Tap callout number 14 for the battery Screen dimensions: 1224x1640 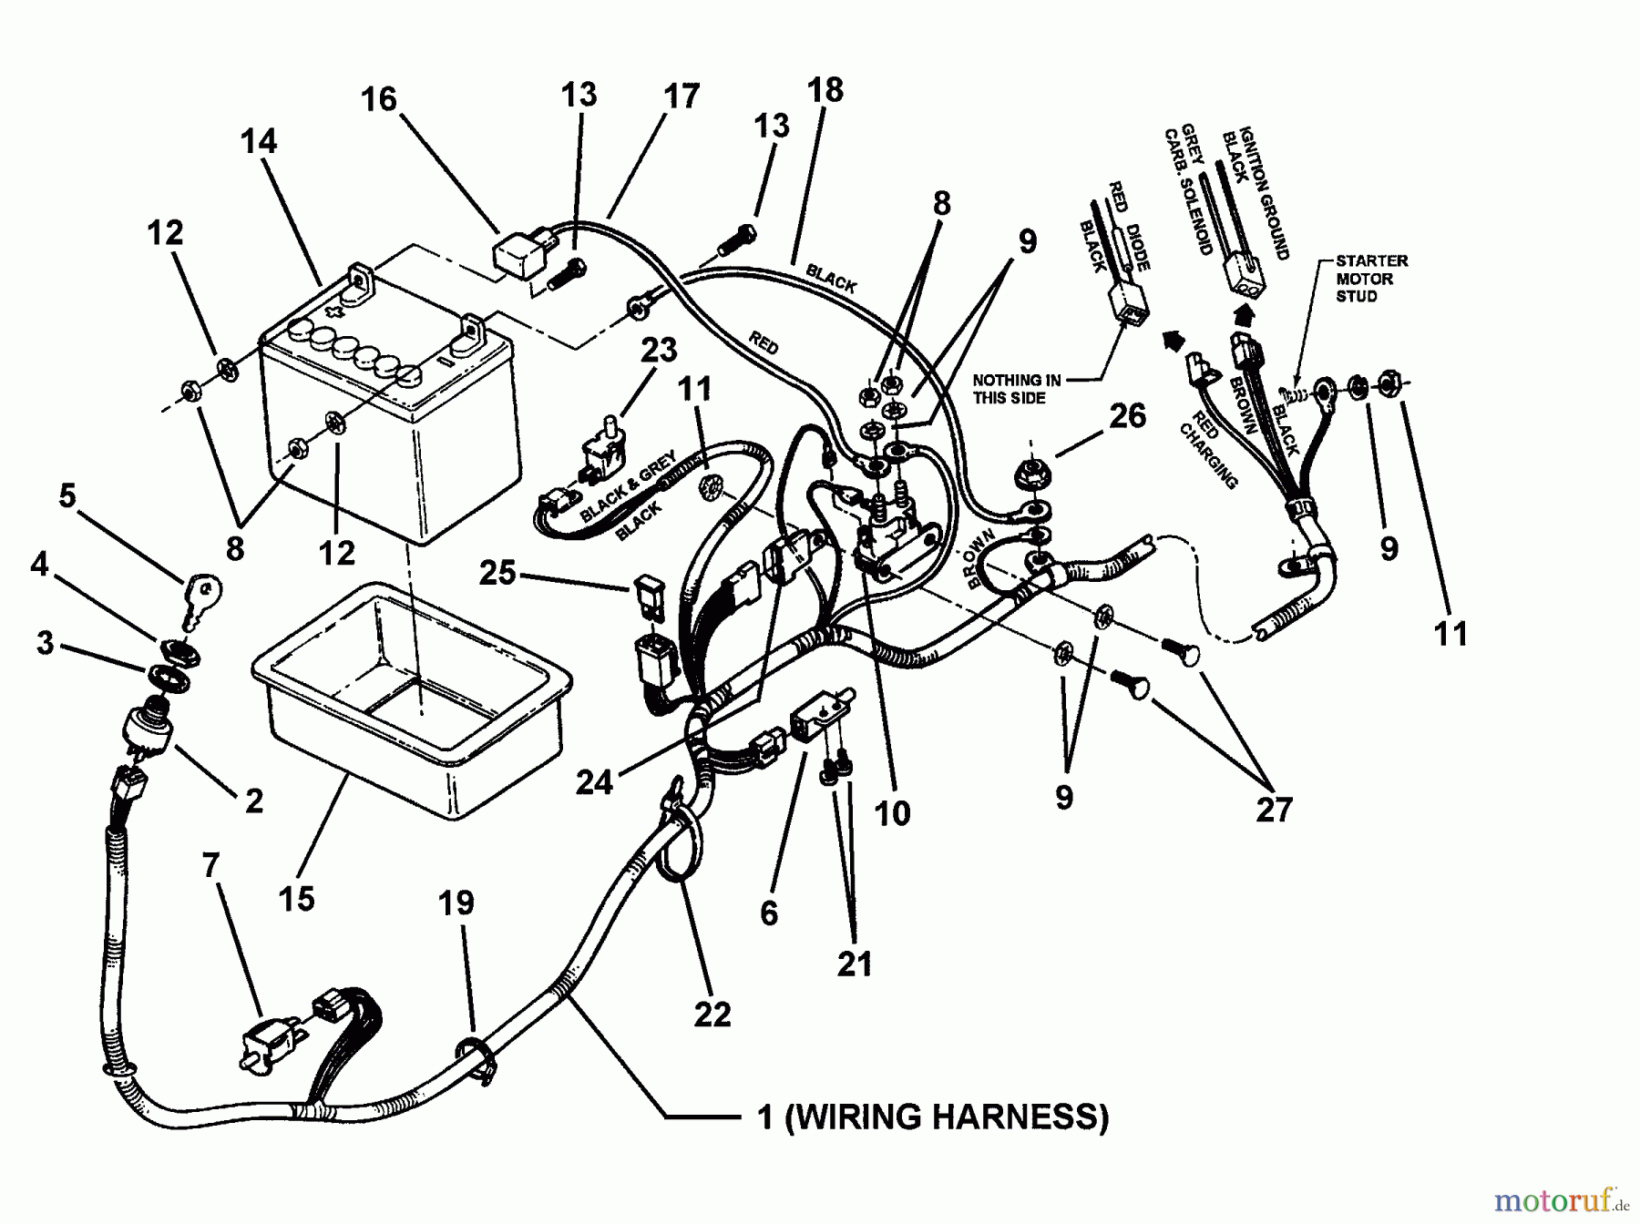coord(259,142)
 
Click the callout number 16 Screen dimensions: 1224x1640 coord(379,98)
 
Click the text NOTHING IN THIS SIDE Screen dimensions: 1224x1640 coord(1016,389)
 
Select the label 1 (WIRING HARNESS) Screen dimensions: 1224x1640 coord(933,1116)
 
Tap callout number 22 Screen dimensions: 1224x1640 coord(712,1014)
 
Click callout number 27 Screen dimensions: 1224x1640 coord(1274,808)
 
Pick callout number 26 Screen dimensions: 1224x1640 coord(1127,416)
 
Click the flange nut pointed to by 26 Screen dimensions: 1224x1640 coord(1032,474)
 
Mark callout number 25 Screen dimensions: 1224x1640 coord(497,574)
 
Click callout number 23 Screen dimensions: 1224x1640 coord(659,351)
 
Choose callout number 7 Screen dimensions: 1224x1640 coord(211,865)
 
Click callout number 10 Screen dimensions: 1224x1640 coord(892,813)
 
